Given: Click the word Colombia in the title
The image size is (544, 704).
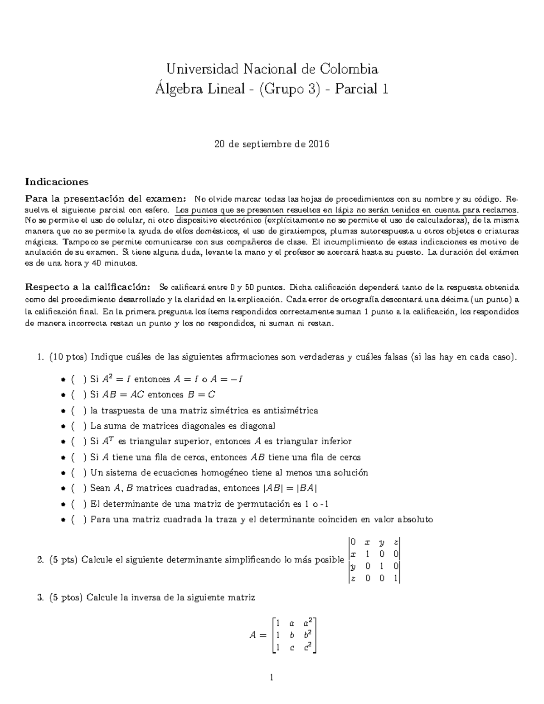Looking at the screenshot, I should [349, 69].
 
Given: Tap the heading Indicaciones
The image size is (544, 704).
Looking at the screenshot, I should [57, 182].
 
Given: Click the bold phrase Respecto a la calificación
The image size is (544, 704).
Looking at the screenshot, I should [87, 287].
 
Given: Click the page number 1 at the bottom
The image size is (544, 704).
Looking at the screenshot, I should [272, 678].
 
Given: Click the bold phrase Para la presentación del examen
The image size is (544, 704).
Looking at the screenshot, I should [105, 199].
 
